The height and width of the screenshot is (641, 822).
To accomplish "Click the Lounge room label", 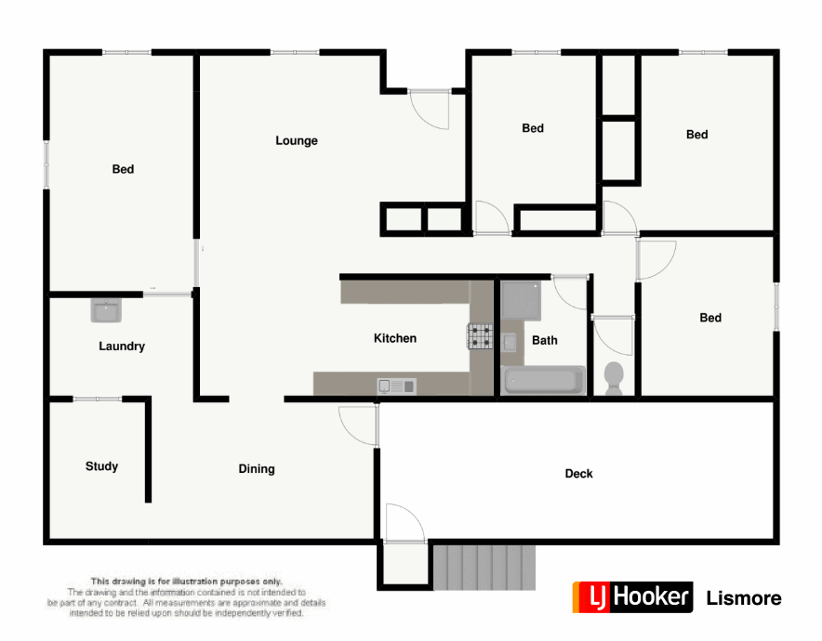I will point(297,141).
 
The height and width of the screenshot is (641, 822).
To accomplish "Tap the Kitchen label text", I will point(395,338).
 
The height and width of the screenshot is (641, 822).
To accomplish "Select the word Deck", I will point(578,474).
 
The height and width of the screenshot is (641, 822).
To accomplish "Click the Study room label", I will point(101,466).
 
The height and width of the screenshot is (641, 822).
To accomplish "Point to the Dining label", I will point(257,469).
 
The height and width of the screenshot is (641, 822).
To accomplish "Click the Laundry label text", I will point(122,347).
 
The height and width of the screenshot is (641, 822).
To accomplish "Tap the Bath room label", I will point(545,340).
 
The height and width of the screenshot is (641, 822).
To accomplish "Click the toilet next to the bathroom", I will point(614,377).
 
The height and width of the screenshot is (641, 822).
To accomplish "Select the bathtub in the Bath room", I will point(543,381).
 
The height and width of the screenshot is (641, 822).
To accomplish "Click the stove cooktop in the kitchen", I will point(480,335).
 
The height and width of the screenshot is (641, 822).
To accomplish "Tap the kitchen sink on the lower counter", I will point(395,386).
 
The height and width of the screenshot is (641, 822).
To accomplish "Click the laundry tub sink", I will point(105,310).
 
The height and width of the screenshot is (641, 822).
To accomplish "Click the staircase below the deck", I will point(485,567).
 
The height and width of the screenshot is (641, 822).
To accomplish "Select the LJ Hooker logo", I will point(633,597).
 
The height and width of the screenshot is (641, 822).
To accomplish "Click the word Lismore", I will point(744,598).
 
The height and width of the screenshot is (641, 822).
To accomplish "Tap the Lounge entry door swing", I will point(431,110).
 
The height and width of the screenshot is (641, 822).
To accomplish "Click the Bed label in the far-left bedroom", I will point(123,169).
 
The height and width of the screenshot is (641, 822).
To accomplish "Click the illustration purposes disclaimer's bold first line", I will point(186,582).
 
